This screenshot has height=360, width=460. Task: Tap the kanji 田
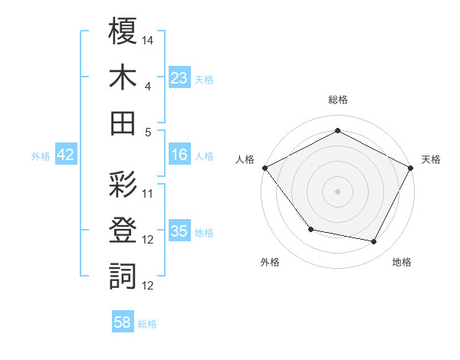[x=123, y=123]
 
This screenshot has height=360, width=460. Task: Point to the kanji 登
[x=123, y=231]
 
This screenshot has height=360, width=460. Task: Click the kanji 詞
[x=123, y=276]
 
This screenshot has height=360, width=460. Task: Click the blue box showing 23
[x=179, y=77]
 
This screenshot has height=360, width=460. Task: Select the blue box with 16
[x=179, y=155]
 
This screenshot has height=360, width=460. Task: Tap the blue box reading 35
[x=179, y=231]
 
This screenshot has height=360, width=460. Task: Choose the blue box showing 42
[x=66, y=155]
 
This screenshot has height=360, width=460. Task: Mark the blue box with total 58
[x=123, y=323]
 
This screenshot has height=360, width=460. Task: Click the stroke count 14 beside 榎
[x=149, y=39]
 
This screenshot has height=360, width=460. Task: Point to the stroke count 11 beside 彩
[x=149, y=193]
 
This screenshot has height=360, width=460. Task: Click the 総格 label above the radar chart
[x=338, y=100]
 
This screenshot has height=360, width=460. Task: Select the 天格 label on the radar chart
[x=431, y=159]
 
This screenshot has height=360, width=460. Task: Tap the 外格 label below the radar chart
[x=270, y=262]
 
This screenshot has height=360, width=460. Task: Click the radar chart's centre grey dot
[x=337, y=191]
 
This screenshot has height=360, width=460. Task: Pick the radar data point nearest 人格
[x=264, y=167]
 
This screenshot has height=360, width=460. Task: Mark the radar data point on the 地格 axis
[x=374, y=242]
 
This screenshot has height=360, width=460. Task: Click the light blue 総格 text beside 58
[x=147, y=324]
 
